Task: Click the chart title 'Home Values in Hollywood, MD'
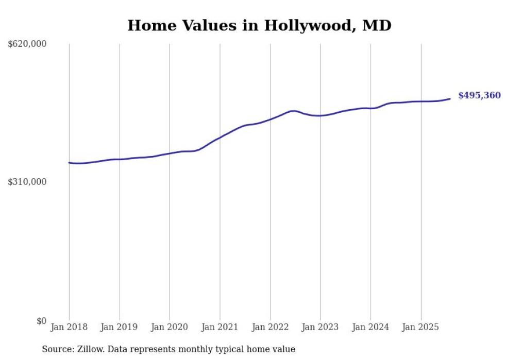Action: (x=259, y=25)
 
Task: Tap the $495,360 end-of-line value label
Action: (x=479, y=95)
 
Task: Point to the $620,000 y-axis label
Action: (x=27, y=44)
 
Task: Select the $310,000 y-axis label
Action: (x=27, y=182)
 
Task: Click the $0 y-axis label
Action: (x=41, y=321)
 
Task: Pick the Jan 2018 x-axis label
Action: (x=69, y=327)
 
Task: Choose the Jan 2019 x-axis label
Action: (x=120, y=327)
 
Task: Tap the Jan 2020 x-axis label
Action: (x=170, y=327)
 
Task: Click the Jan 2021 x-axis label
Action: (x=220, y=327)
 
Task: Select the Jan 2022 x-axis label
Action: (x=270, y=327)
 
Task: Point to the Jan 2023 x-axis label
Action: (x=320, y=327)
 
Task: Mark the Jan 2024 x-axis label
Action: (x=371, y=327)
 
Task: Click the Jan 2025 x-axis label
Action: (x=420, y=327)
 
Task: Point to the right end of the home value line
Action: (x=450, y=99)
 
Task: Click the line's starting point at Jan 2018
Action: (x=70, y=163)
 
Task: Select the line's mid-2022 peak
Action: (x=293, y=111)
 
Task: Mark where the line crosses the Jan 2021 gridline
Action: (x=220, y=138)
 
